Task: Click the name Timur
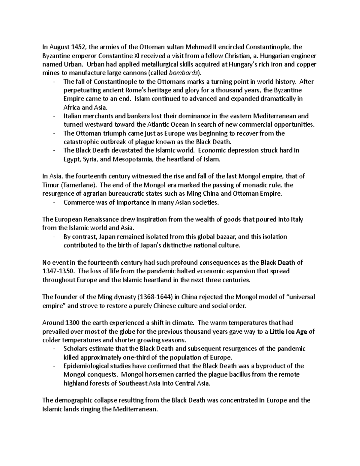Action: [x=49, y=185]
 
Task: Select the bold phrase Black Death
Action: [x=278, y=263]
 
